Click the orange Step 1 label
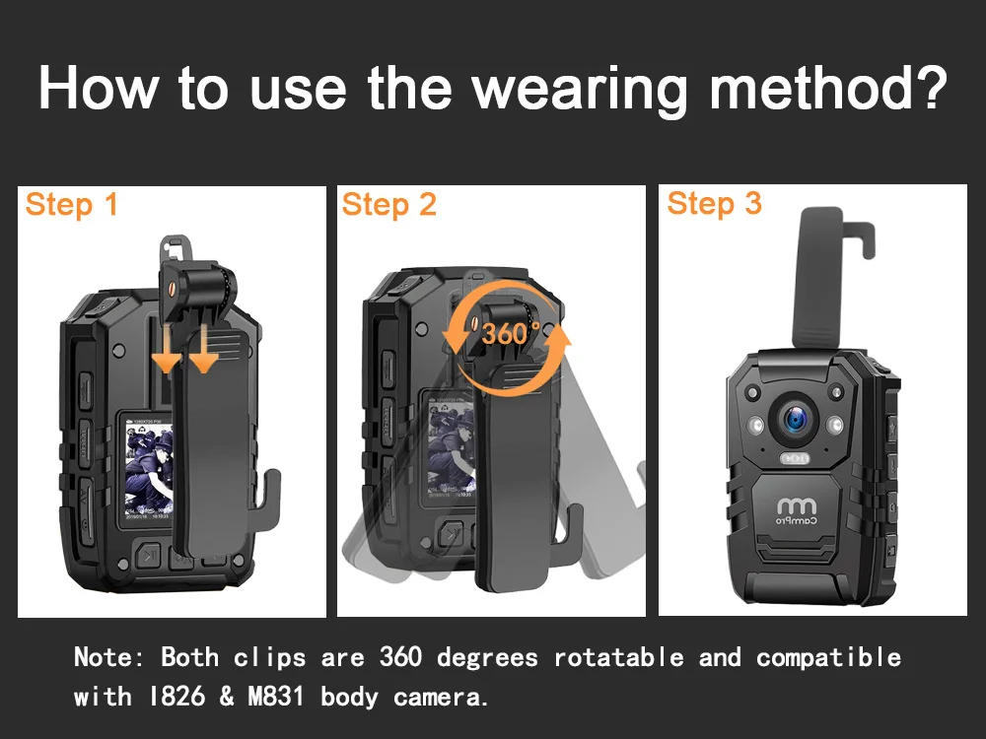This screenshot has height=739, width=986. (x=71, y=205)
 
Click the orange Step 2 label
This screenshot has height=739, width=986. (x=388, y=205)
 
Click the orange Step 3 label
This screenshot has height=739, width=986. (x=714, y=204)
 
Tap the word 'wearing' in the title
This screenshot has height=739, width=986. (x=578, y=91)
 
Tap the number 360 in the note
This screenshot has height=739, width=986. (x=400, y=657)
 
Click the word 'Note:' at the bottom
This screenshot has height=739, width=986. (x=109, y=657)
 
